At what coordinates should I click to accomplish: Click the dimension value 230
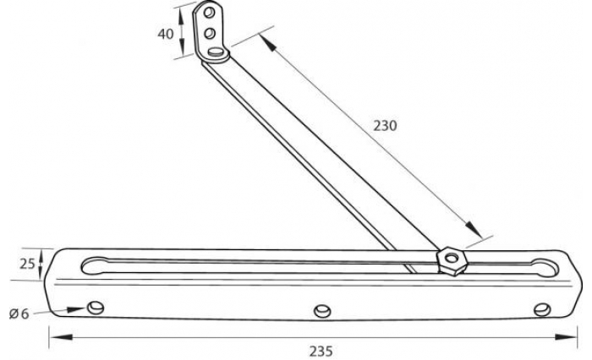pos(384,125)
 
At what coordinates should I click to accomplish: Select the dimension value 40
pos(165,34)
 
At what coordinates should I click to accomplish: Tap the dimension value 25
pos(27,264)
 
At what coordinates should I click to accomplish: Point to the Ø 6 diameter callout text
pos(19,314)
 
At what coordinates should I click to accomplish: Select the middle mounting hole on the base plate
pos(321,311)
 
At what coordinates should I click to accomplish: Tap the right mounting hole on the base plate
pos(541,310)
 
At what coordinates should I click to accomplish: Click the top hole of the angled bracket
pos(209,14)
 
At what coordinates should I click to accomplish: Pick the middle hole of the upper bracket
pos(210,34)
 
